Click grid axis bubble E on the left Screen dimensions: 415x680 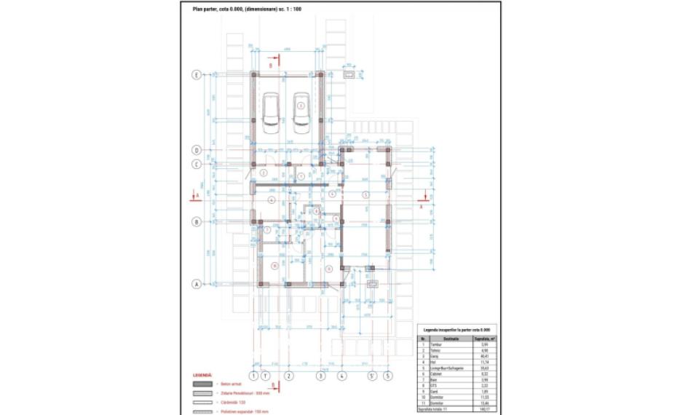coord(196,75)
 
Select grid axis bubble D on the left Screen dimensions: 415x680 coord(196,150)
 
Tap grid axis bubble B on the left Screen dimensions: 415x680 coord(196,221)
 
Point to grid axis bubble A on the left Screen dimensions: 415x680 coord(196,285)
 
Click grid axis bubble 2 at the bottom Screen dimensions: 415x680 coord(288,376)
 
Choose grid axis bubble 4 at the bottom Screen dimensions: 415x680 coord(341,376)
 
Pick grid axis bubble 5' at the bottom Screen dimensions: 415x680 coord(372,376)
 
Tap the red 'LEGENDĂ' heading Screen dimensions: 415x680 coord(202,375)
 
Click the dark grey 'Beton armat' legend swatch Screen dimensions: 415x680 coord(203,384)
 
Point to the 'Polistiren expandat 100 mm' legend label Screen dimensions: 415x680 coord(247,411)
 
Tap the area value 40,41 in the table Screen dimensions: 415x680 coord(481,355)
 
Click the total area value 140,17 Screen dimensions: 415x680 coord(481,410)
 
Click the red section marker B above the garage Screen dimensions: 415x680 coord(271,64)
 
